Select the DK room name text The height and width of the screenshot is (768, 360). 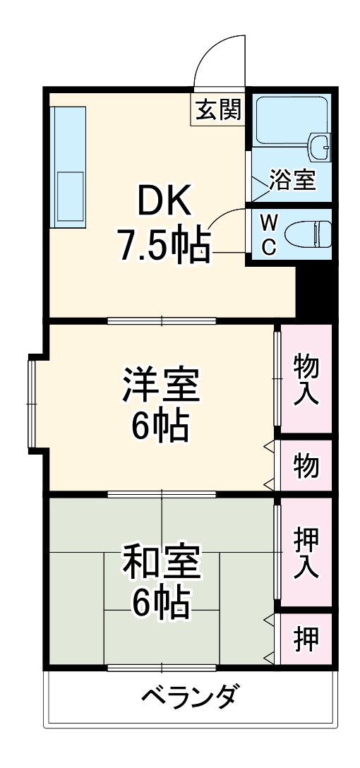pos(163,203)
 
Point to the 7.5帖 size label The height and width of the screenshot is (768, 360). pos(164,244)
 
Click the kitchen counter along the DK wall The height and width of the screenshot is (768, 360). pos(68,167)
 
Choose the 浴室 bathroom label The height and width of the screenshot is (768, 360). pos(292,179)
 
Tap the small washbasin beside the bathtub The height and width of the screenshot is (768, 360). pos(320,146)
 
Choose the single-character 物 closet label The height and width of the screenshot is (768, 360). pos(306,466)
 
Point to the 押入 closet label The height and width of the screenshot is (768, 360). pos(306,552)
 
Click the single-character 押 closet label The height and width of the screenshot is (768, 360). pos(306,639)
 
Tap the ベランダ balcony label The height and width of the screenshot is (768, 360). pos(189,698)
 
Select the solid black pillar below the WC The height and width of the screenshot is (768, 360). pos(315,289)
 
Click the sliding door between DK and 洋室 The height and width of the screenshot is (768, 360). pos(162,321)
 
